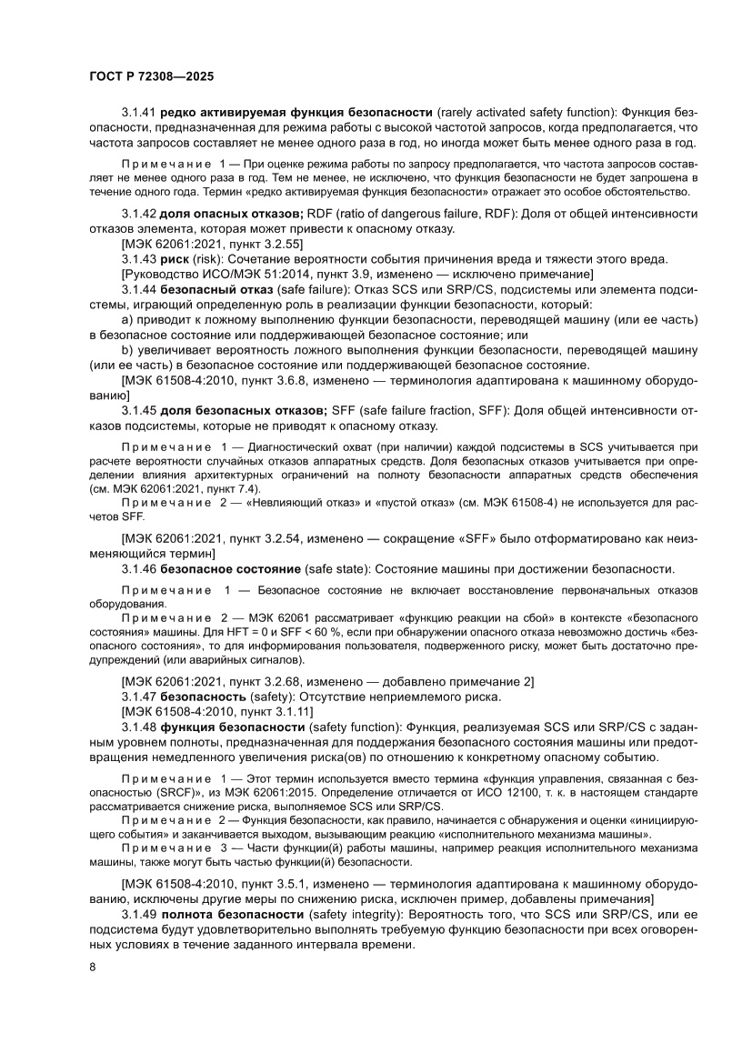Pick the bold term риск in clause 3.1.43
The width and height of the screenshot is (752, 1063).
click(175, 259)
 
